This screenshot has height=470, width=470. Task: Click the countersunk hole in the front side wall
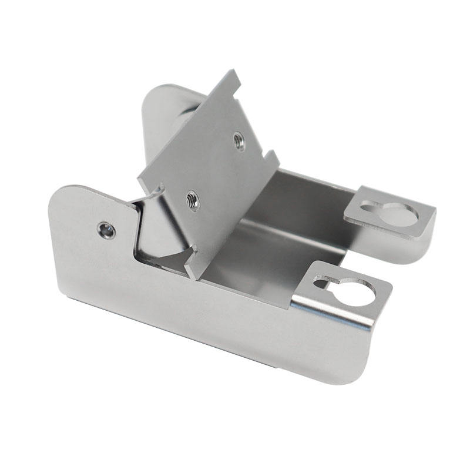click(x=106, y=230)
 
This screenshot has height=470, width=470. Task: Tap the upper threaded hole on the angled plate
click(x=239, y=140)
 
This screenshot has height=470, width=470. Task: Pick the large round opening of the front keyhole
click(x=356, y=291)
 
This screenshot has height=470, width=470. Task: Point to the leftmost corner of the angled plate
click(x=139, y=178)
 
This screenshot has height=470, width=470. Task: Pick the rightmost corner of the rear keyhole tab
click(x=435, y=212)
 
